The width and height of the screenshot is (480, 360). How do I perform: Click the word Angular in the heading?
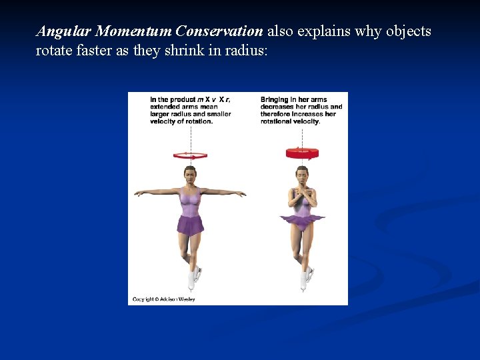point(64,32)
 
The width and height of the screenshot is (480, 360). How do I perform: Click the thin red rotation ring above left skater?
point(190,156)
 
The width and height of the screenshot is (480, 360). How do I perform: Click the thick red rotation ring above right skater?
point(302,153)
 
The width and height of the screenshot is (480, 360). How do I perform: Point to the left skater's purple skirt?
point(190,225)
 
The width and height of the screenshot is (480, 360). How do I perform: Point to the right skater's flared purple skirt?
point(302,219)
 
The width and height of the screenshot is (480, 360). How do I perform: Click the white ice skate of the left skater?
point(194,279)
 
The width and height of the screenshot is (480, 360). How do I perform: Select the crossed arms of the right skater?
point(302,197)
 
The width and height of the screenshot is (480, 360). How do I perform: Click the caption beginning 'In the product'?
point(190,110)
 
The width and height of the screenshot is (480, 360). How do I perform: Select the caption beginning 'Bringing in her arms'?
point(301,110)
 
